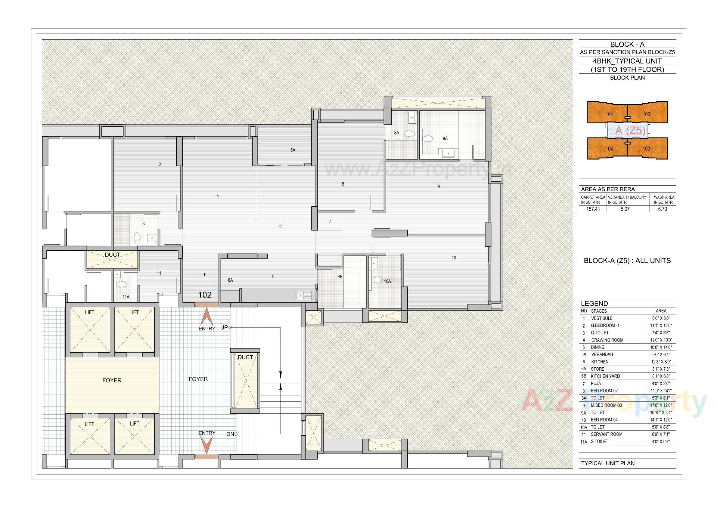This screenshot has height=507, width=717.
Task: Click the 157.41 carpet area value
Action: coord(593,209)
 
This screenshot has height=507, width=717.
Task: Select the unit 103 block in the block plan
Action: coord(646,148)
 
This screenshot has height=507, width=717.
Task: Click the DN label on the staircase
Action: coord(230,434)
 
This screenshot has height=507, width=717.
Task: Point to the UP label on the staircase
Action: coord(224,327)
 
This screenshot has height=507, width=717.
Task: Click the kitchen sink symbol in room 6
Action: coord(304,296)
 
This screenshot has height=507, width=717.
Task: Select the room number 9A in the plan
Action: coord(445,138)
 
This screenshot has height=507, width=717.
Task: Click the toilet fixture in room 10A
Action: coord(377,279)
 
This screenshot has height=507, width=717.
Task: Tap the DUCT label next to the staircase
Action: coord(245,357)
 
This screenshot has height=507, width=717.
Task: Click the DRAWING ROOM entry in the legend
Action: coord(607,340)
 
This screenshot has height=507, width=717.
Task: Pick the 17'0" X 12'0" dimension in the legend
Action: coord(661,405)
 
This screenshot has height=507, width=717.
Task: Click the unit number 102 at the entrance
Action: coord(205,295)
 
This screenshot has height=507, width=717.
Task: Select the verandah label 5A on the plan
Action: coord(293,150)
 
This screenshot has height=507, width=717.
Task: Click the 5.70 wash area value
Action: coord(662,209)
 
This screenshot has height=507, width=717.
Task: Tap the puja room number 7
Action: coord(330,222)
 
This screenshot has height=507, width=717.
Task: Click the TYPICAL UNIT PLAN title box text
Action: coord(608,463)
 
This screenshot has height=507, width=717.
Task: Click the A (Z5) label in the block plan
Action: coord(630,131)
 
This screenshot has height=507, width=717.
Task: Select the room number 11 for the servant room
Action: coord(159,273)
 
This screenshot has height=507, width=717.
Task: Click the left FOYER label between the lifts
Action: coord(112,380)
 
